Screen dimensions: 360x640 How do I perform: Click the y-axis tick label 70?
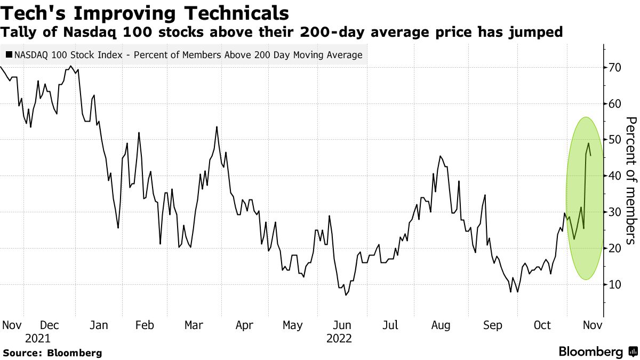pos(615,68)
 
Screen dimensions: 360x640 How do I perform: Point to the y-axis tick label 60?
pos(615,104)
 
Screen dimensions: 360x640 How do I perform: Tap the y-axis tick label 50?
pos(615,140)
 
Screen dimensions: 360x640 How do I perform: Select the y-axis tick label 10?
pos(615,285)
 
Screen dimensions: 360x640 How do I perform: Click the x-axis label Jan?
pos(99,325)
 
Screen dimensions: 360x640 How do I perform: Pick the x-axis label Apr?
pos(244,325)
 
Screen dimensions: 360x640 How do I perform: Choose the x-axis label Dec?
pos(50,325)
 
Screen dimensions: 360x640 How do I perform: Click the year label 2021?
pos(37,339)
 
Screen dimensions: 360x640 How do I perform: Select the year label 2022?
pos(339,339)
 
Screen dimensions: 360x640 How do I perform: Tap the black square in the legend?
pos(10,55)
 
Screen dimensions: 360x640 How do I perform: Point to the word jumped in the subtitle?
pos(539,33)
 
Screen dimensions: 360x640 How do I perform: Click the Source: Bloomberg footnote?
pos(52,353)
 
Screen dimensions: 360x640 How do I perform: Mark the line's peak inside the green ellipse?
pos(589,143)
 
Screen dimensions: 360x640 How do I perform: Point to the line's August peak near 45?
pos(440,156)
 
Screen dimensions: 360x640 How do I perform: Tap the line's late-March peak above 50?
pos(217,127)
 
